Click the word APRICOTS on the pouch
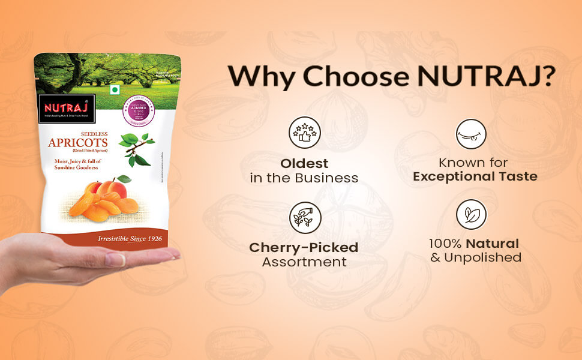click(x=78, y=143)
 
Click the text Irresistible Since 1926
click(x=132, y=239)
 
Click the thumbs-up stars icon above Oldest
click(x=304, y=132)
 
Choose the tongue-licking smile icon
click(x=471, y=133)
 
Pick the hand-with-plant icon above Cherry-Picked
click(x=304, y=217)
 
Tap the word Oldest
click(x=304, y=163)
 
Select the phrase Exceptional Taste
click(x=475, y=176)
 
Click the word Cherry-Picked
click(x=304, y=247)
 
